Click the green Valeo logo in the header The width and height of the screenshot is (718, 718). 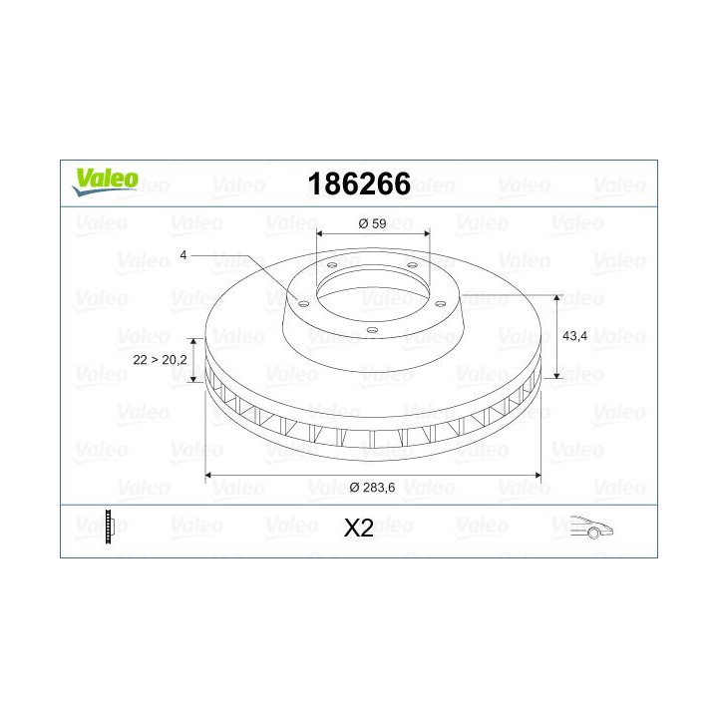pos(104,179)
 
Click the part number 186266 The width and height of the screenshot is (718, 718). pos(359,184)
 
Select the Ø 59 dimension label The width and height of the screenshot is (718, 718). pos(372,223)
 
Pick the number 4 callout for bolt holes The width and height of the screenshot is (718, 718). pos(183,256)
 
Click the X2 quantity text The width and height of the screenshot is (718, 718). pos(358,529)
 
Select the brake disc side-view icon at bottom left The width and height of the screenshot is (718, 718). pos(110,527)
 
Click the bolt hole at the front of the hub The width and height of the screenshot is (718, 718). pos(371,328)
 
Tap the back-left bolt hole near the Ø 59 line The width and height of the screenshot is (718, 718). pos(330,265)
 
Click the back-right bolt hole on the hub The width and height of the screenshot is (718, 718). pos(411,265)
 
